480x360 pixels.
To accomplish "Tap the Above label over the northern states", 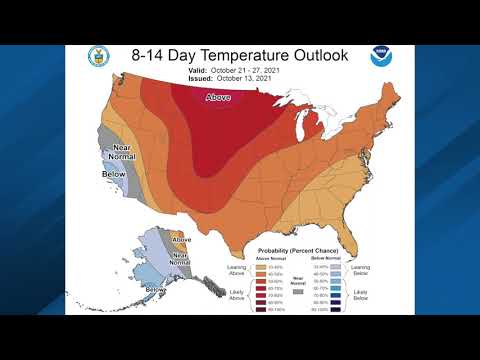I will [219, 98].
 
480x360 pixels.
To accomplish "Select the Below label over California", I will [114, 174].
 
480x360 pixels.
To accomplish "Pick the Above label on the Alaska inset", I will [181, 240].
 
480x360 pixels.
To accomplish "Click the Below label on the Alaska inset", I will [156, 289].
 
